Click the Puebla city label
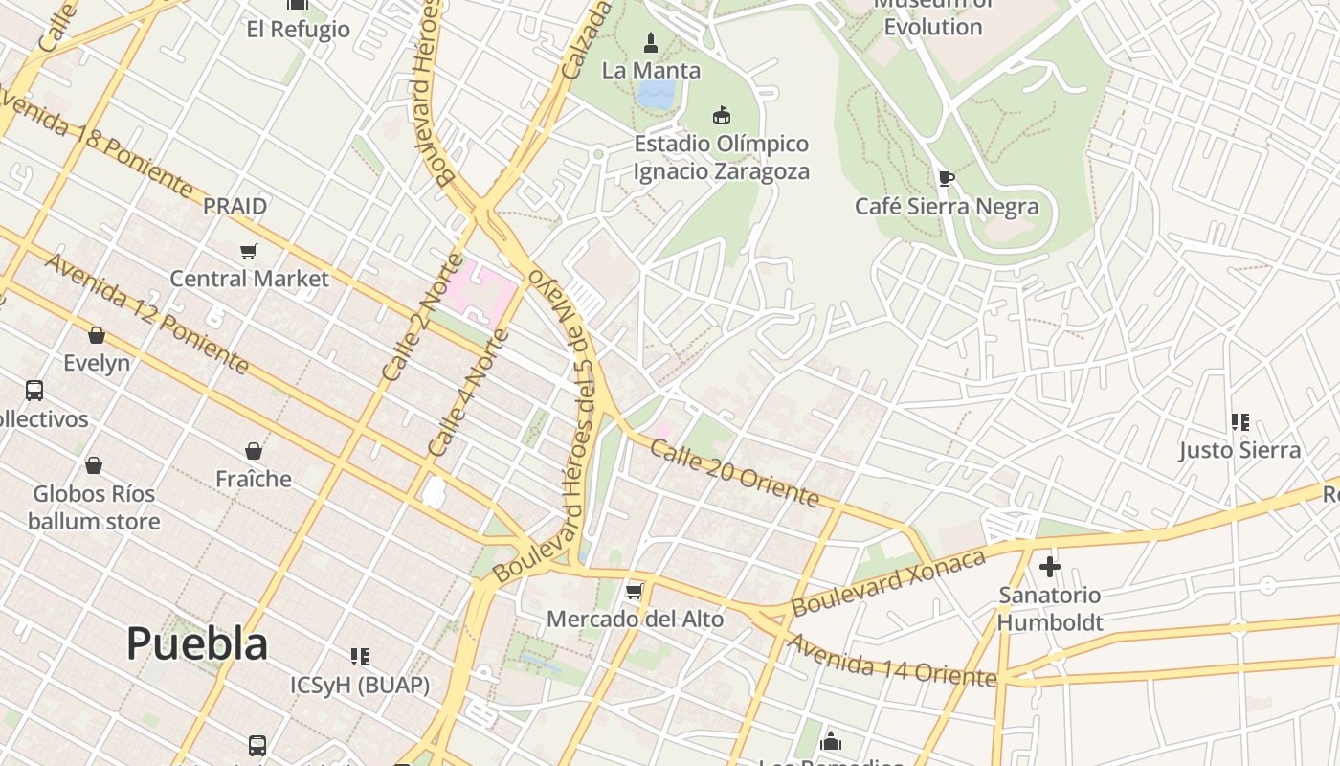(197, 643)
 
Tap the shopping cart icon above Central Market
(249, 251)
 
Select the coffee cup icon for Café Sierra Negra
(946, 178)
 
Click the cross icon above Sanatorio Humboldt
(1050, 567)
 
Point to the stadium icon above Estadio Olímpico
(722, 116)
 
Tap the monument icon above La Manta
(651, 42)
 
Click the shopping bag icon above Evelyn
(96, 335)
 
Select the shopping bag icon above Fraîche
(254, 450)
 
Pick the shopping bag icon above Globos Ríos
(94, 465)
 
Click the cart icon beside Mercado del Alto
(634, 591)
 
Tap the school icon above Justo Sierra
(1240, 421)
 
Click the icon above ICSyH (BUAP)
(360, 657)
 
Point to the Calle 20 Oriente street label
(735, 472)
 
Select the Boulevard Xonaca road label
(888, 582)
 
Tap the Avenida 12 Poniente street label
(147, 314)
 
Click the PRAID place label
(234, 206)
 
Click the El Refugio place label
(299, 29)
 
